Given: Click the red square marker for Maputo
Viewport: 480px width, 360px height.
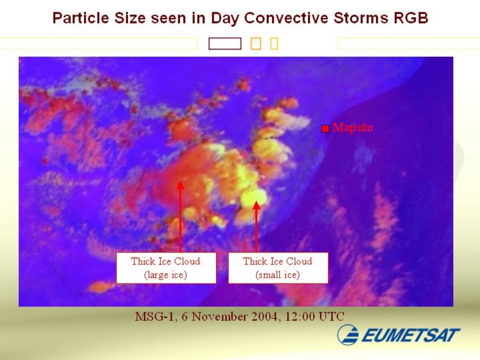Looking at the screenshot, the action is [325, 128].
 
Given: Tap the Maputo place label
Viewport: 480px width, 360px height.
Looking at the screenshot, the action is [352, 127].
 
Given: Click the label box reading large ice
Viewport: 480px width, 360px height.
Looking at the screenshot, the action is [166, 268].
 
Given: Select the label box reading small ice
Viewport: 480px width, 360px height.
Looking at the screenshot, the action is [278, 268].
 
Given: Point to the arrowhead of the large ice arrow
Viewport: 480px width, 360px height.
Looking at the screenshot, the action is [180, 185].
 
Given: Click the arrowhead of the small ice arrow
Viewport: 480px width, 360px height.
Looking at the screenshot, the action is [256, 205].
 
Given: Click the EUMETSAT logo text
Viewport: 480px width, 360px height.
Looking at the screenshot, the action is [411, 335].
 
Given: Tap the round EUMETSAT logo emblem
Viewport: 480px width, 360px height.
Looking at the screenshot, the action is [348, 335].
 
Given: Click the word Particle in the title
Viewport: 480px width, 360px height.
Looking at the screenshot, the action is [81, 18].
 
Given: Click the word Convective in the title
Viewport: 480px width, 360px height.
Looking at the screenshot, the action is [286, 18].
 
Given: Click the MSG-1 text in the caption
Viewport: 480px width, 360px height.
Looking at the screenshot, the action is [154, 316].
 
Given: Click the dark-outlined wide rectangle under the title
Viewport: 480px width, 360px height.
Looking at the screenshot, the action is [225, 44].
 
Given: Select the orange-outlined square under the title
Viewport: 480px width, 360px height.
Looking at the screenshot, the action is [256, 44].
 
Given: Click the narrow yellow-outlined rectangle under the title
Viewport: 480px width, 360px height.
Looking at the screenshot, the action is [274, 44].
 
